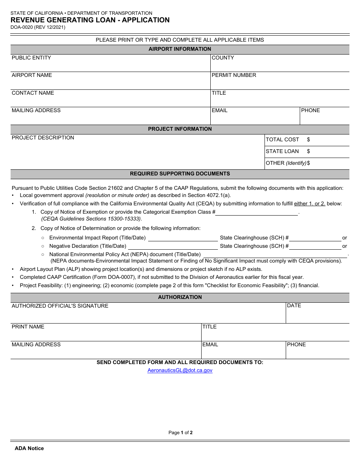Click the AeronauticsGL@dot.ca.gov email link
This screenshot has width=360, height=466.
pyautogui.click(x=180, y=370)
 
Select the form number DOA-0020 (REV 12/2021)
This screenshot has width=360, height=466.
pyautogui.click(x=38, y=27)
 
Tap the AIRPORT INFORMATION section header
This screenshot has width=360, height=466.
pyautogui.click(x=180, y=49)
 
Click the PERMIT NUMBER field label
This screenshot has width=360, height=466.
pyautogui.click(x=234, y=75)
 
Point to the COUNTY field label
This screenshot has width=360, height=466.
pyautogui.click(x=223, y=58)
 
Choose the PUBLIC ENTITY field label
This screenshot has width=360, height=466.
pyautogui.click(x=31, y=58)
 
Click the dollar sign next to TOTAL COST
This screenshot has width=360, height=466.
pyautogui.click(x=308, y=139)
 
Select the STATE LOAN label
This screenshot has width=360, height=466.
pyautogui.click(x=282, y=151)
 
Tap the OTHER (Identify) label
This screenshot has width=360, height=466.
pyautogui.click(x=286, y=163)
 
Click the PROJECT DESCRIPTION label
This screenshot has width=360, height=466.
pyautogui.click(x=43, y=138)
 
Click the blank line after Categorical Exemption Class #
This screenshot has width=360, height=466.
pyautogui.click(x=257, y=213)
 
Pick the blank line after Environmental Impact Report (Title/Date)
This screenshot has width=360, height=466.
pyautogui.click(x=183, y=238)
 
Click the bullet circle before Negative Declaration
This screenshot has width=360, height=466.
pyautogui.click(x=43, y=246)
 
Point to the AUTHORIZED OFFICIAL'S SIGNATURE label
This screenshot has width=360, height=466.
pyautogui.click(x=60, y=306)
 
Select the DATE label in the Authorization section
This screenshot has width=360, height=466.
pyautogui.click(x=294, y=305)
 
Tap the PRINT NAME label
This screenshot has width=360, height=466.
pyautogui.click(x=28, y=327)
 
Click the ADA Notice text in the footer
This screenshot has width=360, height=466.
pyautogui.click(x=29, y=448)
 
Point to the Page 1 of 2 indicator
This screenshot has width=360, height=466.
pyautogui.click(x=180, y=433)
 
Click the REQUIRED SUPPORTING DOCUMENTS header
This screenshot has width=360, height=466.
pyautogui.click(x=180, y=174)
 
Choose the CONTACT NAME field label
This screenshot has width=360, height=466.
pyautogui.click(x=33, y=93)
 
